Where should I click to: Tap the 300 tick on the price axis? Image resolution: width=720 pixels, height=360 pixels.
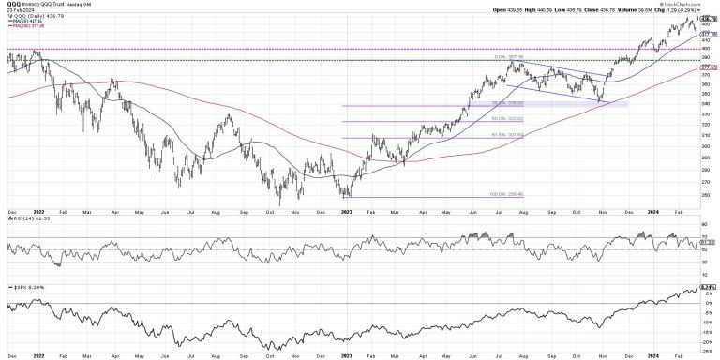pos(706,147)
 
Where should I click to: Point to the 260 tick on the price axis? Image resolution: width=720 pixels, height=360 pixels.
pos(706,195)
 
